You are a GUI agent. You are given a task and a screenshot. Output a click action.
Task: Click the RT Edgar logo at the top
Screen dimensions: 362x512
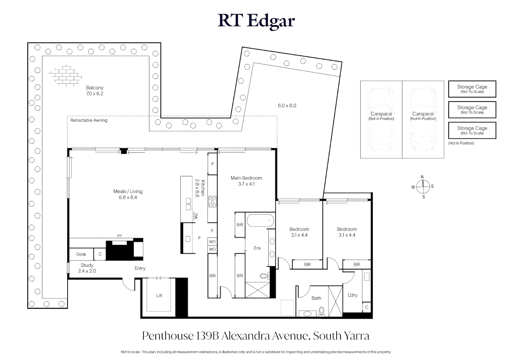(256, 21)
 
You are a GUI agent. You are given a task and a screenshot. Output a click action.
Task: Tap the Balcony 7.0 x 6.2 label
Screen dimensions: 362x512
(95, 91)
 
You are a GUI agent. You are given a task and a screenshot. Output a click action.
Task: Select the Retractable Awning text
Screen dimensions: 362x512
(89, 120)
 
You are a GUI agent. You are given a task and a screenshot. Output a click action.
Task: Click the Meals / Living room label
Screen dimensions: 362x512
(128, 194)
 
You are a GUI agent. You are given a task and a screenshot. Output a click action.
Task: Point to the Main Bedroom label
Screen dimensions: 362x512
(246, 181)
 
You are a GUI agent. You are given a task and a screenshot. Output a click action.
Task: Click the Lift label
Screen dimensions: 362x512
(159, 296)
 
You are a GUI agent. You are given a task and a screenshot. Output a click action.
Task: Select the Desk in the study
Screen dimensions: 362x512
(81, 254)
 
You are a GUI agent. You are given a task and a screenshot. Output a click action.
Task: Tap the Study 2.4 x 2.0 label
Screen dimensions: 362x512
(87, 268)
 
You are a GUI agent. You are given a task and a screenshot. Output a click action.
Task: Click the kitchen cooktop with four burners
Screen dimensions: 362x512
(212, 201)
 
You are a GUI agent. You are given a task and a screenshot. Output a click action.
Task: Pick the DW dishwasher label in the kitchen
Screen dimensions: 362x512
(196, 216)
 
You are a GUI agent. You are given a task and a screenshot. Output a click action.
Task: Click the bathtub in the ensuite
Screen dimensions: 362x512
(260, 221)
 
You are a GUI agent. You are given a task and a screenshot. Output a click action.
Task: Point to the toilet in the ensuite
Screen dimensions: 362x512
(264, 276)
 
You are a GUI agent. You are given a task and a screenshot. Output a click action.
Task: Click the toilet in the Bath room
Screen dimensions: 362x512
(322, 311)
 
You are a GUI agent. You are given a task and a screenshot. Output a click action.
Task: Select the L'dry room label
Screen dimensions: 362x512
(353, 295)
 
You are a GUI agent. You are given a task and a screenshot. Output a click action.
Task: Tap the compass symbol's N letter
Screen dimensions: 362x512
(422, 177)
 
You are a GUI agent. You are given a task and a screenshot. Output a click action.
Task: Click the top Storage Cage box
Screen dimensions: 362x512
(472, 89)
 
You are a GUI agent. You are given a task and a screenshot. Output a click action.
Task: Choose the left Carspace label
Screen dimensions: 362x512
(381, 116)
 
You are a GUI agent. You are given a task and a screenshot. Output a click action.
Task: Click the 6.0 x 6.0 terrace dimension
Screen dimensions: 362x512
(287, 106)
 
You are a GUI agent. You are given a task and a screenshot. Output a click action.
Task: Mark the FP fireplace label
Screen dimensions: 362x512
(120, 236)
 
